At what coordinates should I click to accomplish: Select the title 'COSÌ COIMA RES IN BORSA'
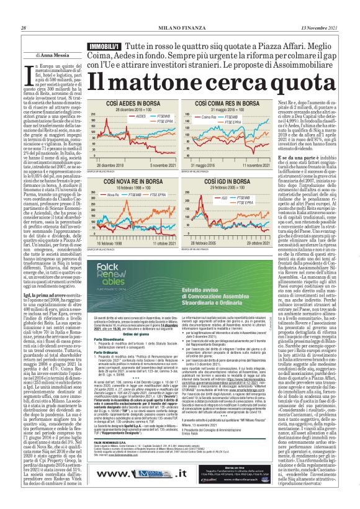[232, 103]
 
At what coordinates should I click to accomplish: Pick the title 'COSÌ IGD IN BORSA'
[232, 181]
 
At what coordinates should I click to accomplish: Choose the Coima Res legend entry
[227, 115]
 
